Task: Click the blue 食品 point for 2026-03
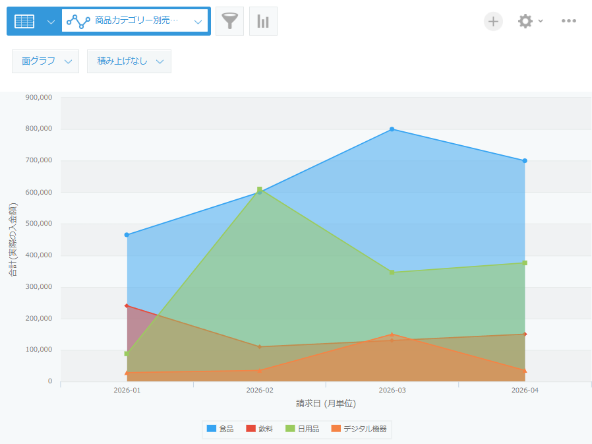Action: pos(392,129)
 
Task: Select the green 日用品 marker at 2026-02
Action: pos(259,189)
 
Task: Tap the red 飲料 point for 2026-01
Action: pos(127,305)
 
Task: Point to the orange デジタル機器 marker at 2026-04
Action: pos(525,370)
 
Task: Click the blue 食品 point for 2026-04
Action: pos(525,161)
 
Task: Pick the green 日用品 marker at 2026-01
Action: pos(127,354)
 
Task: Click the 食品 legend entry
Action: pos(220,429)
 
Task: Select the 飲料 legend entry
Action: pos(259,429)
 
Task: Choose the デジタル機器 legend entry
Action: pos(359,429)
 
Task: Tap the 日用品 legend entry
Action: pos(303,429)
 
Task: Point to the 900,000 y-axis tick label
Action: pos(38,98)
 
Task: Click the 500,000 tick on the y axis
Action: pos(38,224)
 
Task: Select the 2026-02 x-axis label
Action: pos(259,390)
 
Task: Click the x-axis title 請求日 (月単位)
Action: pos(326,404)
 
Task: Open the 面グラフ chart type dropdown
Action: pos(45,61)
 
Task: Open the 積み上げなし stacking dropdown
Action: pos(129,61)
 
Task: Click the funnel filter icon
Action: pos(229,21)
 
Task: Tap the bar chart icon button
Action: pos(263,21)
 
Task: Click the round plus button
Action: pos(493,21)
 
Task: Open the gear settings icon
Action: pos(525,21)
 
